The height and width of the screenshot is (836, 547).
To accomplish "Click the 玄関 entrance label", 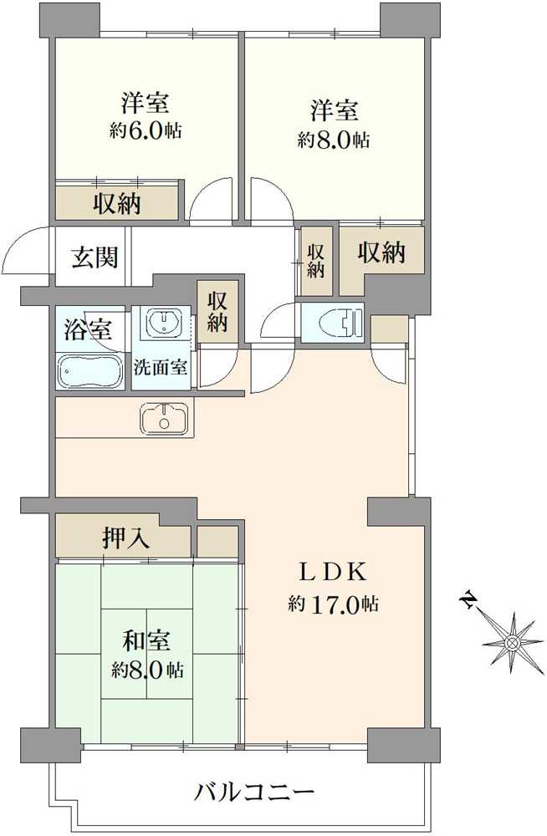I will click(x=94, y=257).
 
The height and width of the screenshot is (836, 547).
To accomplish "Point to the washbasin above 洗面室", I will click(x=164, y=322).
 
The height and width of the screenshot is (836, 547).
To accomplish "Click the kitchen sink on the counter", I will click(x=166, y=417).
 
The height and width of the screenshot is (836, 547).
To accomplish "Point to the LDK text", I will click(x=334, y=573).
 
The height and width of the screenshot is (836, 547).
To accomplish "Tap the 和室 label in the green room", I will click(x=148, y=641).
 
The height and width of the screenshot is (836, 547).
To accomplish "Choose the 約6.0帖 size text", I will click(x=147, y=131).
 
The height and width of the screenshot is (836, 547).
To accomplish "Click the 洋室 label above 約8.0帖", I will click(x=335, y=110).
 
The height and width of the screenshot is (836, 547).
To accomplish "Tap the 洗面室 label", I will click(x=162, y=367).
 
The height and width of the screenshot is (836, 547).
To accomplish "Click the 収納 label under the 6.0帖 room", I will click(x=116, y=203).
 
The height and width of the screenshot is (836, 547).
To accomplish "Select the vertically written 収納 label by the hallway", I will click(x=314, y=260).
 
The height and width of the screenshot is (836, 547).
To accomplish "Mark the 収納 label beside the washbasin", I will click(x=218, y=310).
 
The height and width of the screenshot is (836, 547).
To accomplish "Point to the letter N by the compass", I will click(x=469, y=600).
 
